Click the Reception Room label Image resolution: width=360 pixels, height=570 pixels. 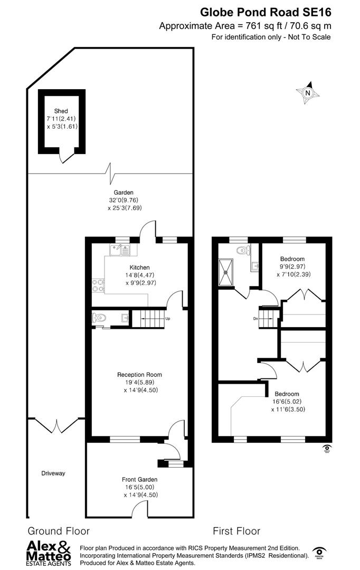139,375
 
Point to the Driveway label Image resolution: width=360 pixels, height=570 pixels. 53,473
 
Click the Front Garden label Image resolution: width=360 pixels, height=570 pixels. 140,479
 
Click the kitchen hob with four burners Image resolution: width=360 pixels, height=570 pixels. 98,285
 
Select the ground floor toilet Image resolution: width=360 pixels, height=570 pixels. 99,318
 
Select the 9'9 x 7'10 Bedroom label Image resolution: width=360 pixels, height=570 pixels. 292,259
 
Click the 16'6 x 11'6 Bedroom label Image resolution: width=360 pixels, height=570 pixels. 287,394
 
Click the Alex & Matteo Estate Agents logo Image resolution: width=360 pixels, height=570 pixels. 49,553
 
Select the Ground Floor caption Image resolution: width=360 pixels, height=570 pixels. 59,531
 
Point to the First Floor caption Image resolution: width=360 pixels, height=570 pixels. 236,531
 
